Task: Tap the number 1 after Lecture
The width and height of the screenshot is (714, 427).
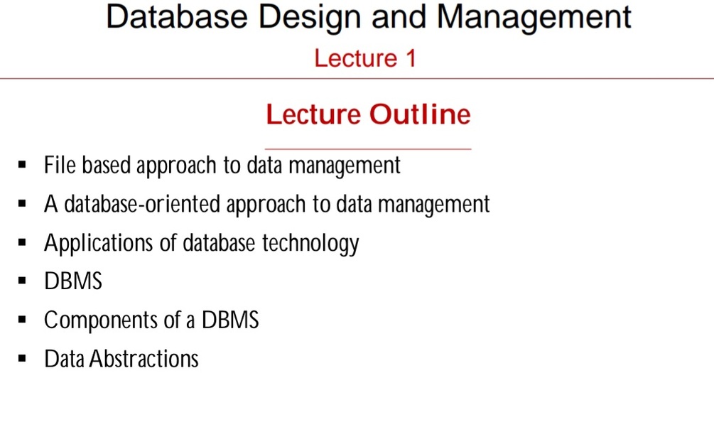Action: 409,58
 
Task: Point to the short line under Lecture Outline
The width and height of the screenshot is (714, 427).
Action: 368,149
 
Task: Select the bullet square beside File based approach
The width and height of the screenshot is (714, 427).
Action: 23,166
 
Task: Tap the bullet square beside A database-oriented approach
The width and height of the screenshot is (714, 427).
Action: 23,205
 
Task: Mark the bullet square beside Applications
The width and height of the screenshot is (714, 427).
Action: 23,244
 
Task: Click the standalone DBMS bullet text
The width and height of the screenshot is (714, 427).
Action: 73,282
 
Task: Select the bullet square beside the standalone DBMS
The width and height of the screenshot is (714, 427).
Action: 23,282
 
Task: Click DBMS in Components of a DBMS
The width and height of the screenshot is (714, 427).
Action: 230,321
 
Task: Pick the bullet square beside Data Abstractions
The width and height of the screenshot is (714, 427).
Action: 23,360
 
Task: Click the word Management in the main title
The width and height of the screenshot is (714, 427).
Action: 533,17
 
